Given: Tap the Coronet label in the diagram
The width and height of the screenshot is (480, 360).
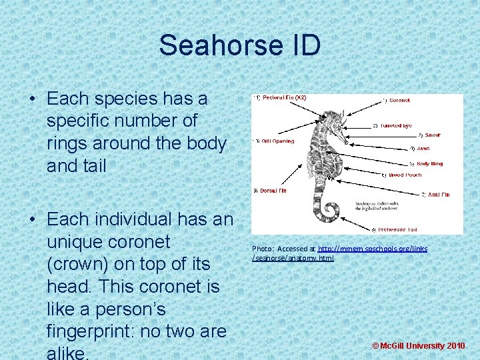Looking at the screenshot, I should (399, 101).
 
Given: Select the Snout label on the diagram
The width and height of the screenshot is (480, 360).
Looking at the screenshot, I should (432, 135).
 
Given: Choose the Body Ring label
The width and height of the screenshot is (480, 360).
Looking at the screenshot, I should (429, 163).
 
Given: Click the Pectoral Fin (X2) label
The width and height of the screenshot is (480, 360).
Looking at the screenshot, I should (279, 98).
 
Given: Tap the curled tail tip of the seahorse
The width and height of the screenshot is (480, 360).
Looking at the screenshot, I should (326, 212).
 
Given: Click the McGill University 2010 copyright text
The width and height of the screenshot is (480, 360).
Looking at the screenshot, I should (418, 346).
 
